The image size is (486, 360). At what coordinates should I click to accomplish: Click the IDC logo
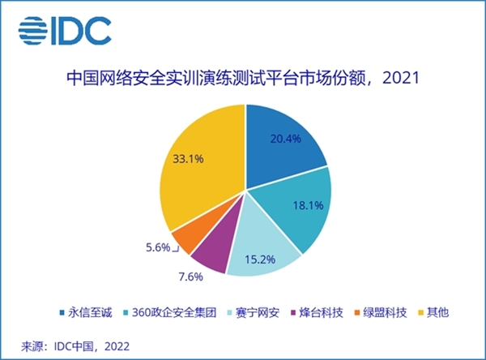65,31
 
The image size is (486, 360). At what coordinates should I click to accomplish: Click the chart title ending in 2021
243,78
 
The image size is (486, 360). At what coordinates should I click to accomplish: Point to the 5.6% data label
158,247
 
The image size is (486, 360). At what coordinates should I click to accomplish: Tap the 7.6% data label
190,276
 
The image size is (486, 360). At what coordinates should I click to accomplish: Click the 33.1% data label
188,159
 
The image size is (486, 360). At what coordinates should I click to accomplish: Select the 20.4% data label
285,139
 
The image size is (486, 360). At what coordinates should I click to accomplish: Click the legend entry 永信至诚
86,312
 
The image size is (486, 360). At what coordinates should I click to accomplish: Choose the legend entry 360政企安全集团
170,312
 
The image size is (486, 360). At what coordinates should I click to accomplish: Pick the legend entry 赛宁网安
254,312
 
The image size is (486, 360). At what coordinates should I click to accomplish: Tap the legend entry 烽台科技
317,312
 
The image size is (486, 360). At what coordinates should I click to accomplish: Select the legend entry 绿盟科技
381,312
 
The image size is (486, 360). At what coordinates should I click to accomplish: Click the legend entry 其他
433,312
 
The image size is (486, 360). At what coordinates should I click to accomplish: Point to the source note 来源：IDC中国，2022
75,346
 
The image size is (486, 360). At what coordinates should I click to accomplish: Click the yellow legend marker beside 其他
420,312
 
